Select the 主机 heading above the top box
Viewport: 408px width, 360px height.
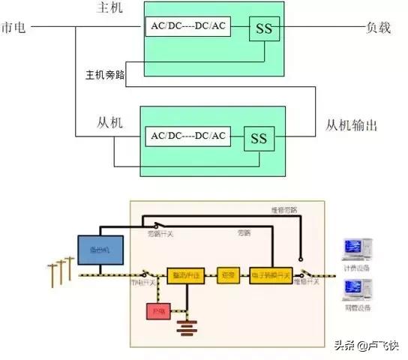click(x=109, y=8)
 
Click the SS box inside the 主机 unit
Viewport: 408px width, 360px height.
click(x=265, y=28)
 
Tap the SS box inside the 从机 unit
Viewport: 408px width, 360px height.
click(x=259, y=139)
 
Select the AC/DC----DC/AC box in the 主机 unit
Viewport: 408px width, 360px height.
click(x=188, y=28)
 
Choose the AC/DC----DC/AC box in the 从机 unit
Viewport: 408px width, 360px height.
click(x=188, y=136)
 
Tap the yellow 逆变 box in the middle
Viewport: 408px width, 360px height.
click(x=228, y=275)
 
